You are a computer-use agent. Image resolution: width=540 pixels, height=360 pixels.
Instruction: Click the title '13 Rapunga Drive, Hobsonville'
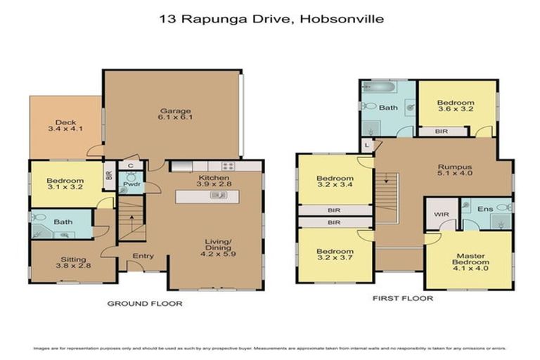(271, 19)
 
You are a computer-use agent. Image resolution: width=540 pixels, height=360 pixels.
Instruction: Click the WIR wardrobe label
(440, 213)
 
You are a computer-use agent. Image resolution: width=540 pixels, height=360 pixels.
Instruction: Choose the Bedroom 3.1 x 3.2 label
(65, 185)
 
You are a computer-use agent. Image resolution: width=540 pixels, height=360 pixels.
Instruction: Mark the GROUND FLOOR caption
(145, 304)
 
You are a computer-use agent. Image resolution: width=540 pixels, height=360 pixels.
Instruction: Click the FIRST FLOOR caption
(403, 298)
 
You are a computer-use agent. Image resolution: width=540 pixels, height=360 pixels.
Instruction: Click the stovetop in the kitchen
(228, 167)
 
